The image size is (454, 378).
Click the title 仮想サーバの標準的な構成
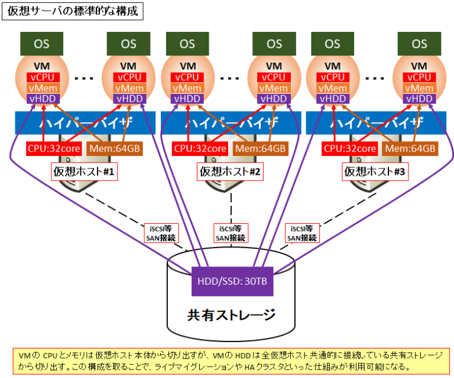point(73,11)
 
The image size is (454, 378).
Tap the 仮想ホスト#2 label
point(229,172)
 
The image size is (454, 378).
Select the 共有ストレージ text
point(231,314)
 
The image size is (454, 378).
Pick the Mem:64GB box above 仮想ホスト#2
point(260,148)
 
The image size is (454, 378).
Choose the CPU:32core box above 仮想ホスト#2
point(199,148)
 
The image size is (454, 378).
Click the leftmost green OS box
point(41,44)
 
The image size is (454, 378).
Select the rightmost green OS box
point(420,44)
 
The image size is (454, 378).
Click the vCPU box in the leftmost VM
point(42,77)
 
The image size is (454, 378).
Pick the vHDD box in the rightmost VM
point(420,99)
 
